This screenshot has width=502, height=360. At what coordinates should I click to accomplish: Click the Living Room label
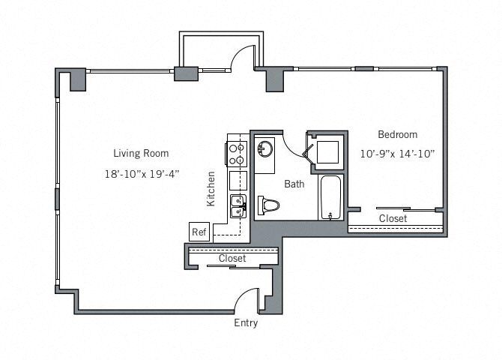(x=141, y=153)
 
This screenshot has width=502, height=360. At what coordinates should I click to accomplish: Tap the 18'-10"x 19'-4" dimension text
(x=142, y=174)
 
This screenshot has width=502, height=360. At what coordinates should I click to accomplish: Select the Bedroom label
(x=398, y=135)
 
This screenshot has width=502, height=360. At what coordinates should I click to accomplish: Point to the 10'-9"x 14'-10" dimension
(x=397, y=154)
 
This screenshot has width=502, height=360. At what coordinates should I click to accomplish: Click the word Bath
(x=294, y=184)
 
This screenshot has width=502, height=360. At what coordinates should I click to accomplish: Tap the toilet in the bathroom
(x=268, y=205)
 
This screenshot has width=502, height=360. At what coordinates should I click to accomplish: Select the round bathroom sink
(x=265, y=148)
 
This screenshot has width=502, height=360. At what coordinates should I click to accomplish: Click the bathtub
(x=330, y=197)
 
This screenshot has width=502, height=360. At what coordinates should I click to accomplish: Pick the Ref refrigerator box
(x=199, y=232)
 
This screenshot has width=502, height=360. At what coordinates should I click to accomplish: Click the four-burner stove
(x=238, y=154)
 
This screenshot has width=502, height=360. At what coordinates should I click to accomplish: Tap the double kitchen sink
(x=238, y=206)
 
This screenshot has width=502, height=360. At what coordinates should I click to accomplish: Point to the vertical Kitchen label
(x=211, y=189)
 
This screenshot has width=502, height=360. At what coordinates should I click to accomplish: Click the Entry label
(x=246, y=322)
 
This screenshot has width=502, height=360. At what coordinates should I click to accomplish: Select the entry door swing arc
(x=243, y=294)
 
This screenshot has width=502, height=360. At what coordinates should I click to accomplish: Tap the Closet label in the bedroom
(x=393, y=219)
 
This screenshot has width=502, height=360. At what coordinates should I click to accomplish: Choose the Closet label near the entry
(x=232, y=259)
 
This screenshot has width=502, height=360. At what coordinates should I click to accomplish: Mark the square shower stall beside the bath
(x=327, y=152)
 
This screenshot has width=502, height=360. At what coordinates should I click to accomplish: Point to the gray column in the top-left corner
(x=78, y=79)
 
